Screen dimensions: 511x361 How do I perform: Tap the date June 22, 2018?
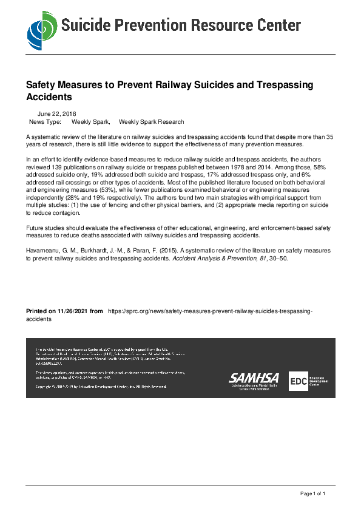point(56,113)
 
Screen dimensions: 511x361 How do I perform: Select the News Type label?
point(45,122)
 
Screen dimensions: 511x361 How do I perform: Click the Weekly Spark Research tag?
point(151,122)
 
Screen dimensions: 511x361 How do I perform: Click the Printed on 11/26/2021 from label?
point(64,311)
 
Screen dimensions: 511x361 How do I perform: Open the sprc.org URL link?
point(209,311)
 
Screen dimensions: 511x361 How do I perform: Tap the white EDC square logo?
point(298,381)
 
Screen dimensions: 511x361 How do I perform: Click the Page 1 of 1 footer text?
point(313,493)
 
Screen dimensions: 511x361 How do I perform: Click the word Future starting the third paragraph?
point(35,228)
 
